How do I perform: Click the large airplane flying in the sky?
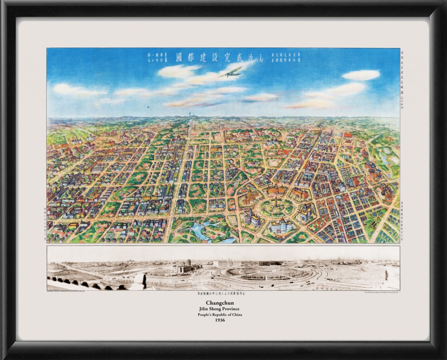(231, 72)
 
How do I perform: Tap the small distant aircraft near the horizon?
(148, 106)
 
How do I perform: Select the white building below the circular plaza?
(282, 226)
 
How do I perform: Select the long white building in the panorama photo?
(227, 264)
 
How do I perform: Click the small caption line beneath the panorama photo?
(224, 294)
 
